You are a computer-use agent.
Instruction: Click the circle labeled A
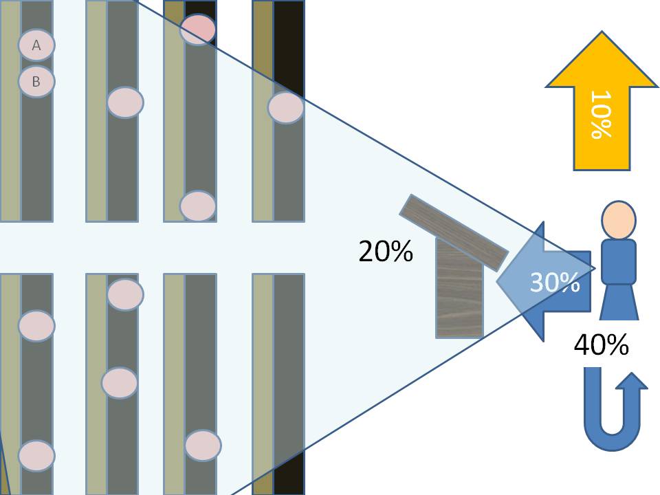(36, 45)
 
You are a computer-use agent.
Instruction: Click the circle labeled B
(36, 82)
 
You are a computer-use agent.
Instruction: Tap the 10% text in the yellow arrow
(601, 114)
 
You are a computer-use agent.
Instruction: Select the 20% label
(386, 252)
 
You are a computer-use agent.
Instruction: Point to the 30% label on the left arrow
(554, 282)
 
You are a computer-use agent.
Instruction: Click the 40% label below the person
(601, 344)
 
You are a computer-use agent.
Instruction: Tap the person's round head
(619, 220)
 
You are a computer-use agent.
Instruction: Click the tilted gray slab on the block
(454, 232)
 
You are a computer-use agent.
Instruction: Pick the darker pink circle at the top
(198, 30)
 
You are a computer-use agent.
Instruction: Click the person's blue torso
(619, 261)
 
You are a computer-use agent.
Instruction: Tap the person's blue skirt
(619, 302)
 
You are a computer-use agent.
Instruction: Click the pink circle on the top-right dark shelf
(286, 107)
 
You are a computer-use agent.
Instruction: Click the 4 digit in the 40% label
(582, 344)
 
